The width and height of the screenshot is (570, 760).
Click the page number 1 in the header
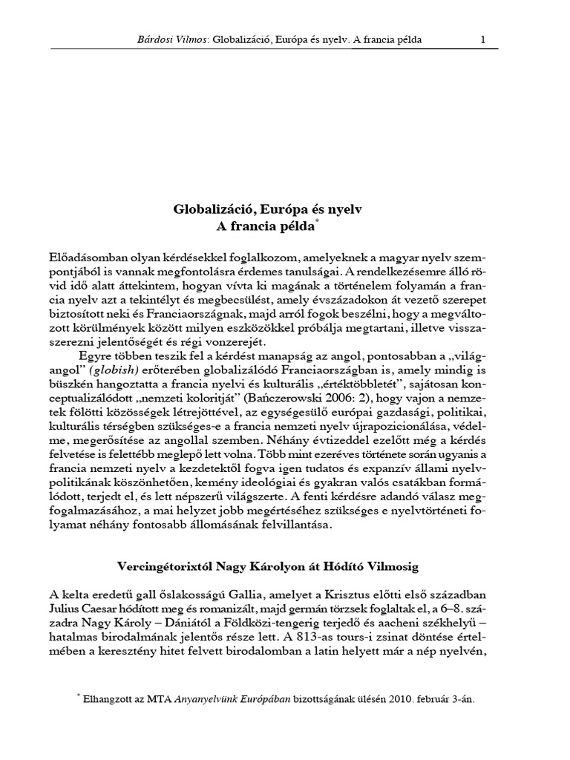482,39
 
